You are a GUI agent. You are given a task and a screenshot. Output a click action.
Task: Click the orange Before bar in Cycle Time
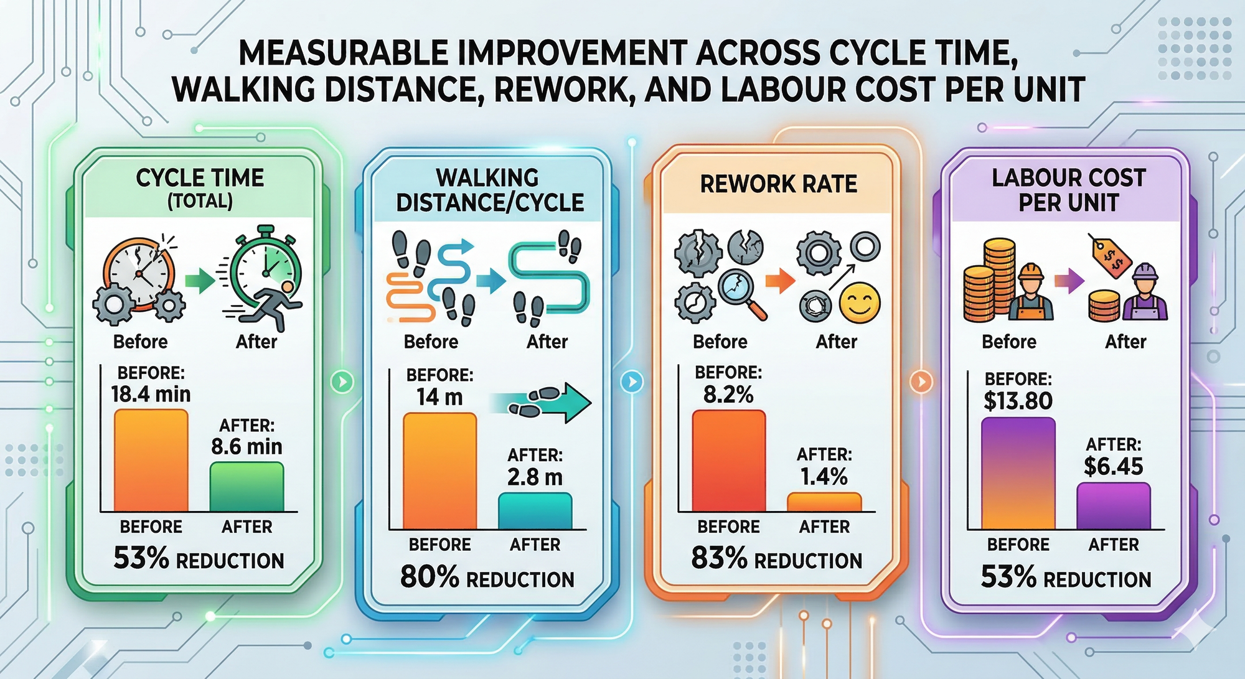pyautogui.click(x=151, y=461)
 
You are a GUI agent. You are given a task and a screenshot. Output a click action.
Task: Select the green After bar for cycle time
pyautogui.click(x=247, y=487)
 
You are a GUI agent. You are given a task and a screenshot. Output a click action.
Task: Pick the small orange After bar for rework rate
pyautogui.click(x=824, y=502)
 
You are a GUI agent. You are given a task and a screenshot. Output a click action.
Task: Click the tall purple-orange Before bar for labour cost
pyautogui.click(x=1018, y=473)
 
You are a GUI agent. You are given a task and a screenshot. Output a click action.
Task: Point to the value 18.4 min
pyautogui.click(x=151, y=394)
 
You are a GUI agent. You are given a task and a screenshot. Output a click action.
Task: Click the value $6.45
pyautogui.click(x=1113, y=466)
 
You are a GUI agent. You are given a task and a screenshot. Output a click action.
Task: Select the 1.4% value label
pyautogui.click(x=824, y=477)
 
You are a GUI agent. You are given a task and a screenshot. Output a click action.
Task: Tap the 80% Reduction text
pyautogui.click(x=487, y=578)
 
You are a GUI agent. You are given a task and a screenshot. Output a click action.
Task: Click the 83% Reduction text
pyautogui.click(x=776, y=559)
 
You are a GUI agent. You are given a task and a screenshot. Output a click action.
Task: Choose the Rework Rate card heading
pyautogui.click(x=778, y=184)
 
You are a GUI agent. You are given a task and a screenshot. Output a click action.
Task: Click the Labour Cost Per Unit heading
pyautogui.click(x=1068, y=190)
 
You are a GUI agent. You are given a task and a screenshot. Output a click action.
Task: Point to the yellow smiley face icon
pyautogui.click(x=859, y=303)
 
